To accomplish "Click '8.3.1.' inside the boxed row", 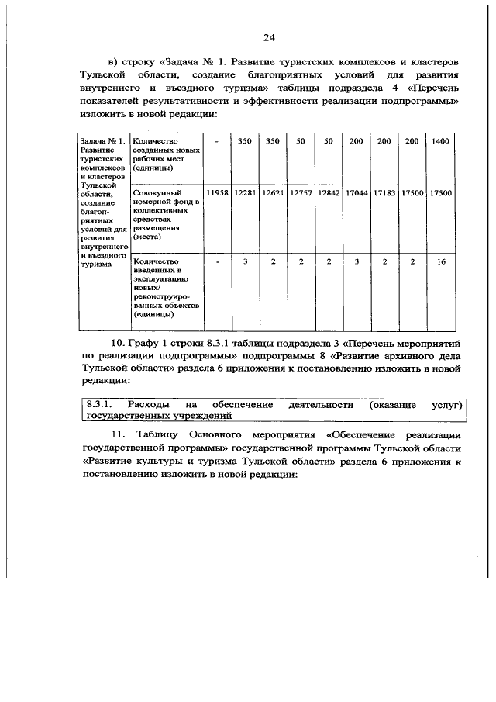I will coord(100,405).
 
